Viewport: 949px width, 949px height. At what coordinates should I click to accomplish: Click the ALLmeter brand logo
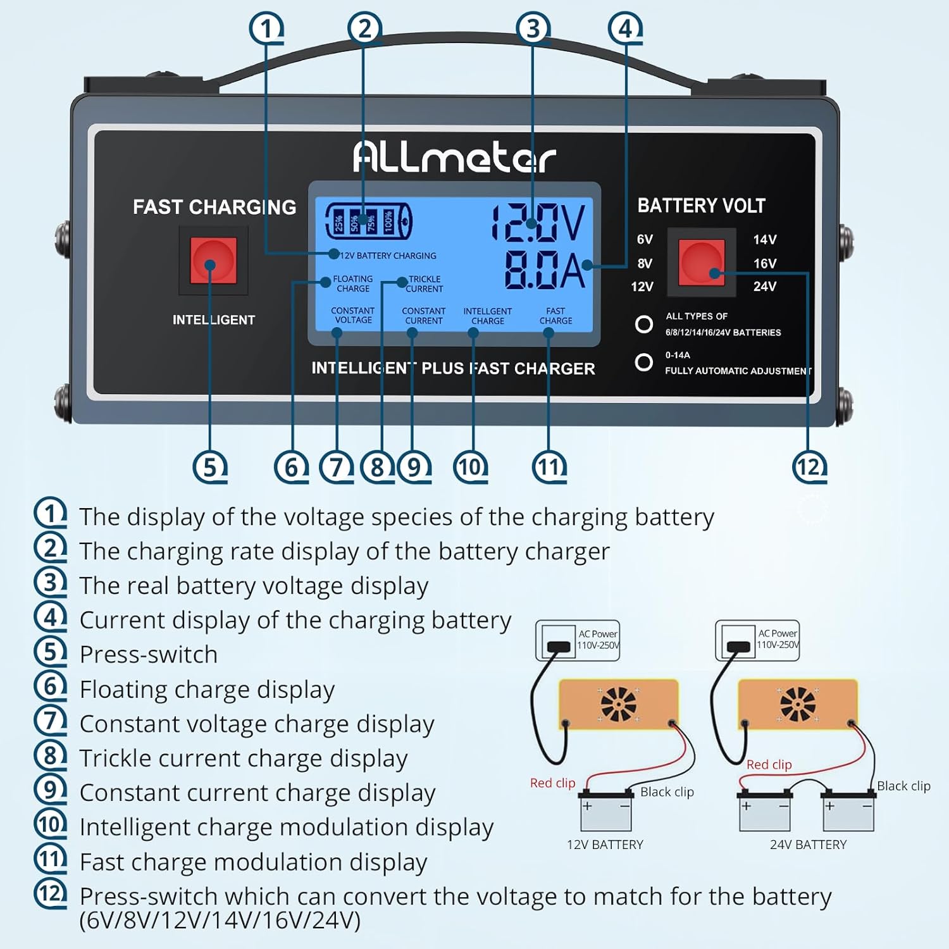(454, 156)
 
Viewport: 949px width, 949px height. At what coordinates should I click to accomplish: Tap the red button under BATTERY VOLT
(702, 262)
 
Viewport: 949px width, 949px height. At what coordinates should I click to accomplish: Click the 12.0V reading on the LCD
(538, 223)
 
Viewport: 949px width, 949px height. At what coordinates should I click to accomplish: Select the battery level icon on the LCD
(368, 221)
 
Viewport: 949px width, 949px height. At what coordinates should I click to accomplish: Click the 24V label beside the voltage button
(764, 287)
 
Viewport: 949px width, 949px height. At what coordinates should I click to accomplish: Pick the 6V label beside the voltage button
(645, 239)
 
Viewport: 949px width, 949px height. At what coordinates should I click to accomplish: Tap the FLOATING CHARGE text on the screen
(353, 283)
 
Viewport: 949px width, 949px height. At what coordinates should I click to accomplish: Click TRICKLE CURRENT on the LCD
(425, 283)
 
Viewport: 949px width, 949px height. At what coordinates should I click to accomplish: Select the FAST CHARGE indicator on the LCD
(555, 316)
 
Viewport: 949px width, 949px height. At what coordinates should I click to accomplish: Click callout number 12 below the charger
(809, 467)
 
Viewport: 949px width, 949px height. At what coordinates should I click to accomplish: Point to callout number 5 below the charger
(209, 467)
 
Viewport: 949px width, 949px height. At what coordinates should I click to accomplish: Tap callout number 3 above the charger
(533, 28)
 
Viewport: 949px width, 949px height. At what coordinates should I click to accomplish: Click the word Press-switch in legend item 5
(149, 654)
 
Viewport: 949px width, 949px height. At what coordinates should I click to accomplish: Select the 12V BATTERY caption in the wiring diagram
(605, 845)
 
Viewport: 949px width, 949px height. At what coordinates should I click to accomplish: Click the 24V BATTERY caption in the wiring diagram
(808, 845)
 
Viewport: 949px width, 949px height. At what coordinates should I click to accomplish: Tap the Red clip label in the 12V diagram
(552, 783)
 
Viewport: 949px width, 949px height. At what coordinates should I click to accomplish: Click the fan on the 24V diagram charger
(797, 704)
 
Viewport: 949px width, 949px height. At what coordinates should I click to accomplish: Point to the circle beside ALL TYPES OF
(643, 324)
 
